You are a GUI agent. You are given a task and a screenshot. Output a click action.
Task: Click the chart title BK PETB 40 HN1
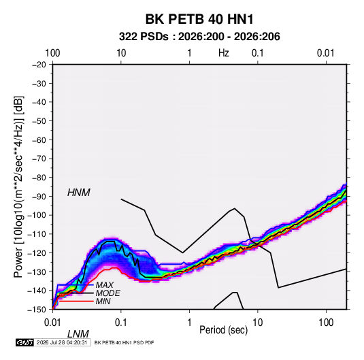coord(199,19)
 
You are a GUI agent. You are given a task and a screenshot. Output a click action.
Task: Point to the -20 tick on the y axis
coord(39,65)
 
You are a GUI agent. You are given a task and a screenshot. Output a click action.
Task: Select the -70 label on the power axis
coord(39,159)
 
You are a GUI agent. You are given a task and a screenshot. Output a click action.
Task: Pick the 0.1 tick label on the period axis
coord(121,323)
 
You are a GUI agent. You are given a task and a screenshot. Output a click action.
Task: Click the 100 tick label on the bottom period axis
coord(326,323)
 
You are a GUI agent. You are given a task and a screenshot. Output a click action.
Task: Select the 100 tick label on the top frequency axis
coord(52,53)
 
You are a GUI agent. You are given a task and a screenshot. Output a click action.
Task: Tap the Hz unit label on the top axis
coord(224,53)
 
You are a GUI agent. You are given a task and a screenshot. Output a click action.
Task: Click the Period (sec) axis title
coord(224,330)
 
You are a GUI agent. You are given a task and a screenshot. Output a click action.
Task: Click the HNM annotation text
coord(79,193)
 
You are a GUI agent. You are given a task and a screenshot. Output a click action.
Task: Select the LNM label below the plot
coord(78,334)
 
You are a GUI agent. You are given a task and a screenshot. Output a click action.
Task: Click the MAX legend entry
coord(105,284)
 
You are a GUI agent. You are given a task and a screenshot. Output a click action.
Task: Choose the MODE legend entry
coord(108,293)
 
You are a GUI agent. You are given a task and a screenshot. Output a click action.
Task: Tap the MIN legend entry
coord(103,301)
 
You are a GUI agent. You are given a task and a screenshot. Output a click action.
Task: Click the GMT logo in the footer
coord(24,342)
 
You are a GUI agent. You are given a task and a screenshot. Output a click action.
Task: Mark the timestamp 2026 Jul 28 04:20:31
coord(62,342)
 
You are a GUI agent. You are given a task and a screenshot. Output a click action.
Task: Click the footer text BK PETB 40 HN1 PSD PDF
coord(124,342)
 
